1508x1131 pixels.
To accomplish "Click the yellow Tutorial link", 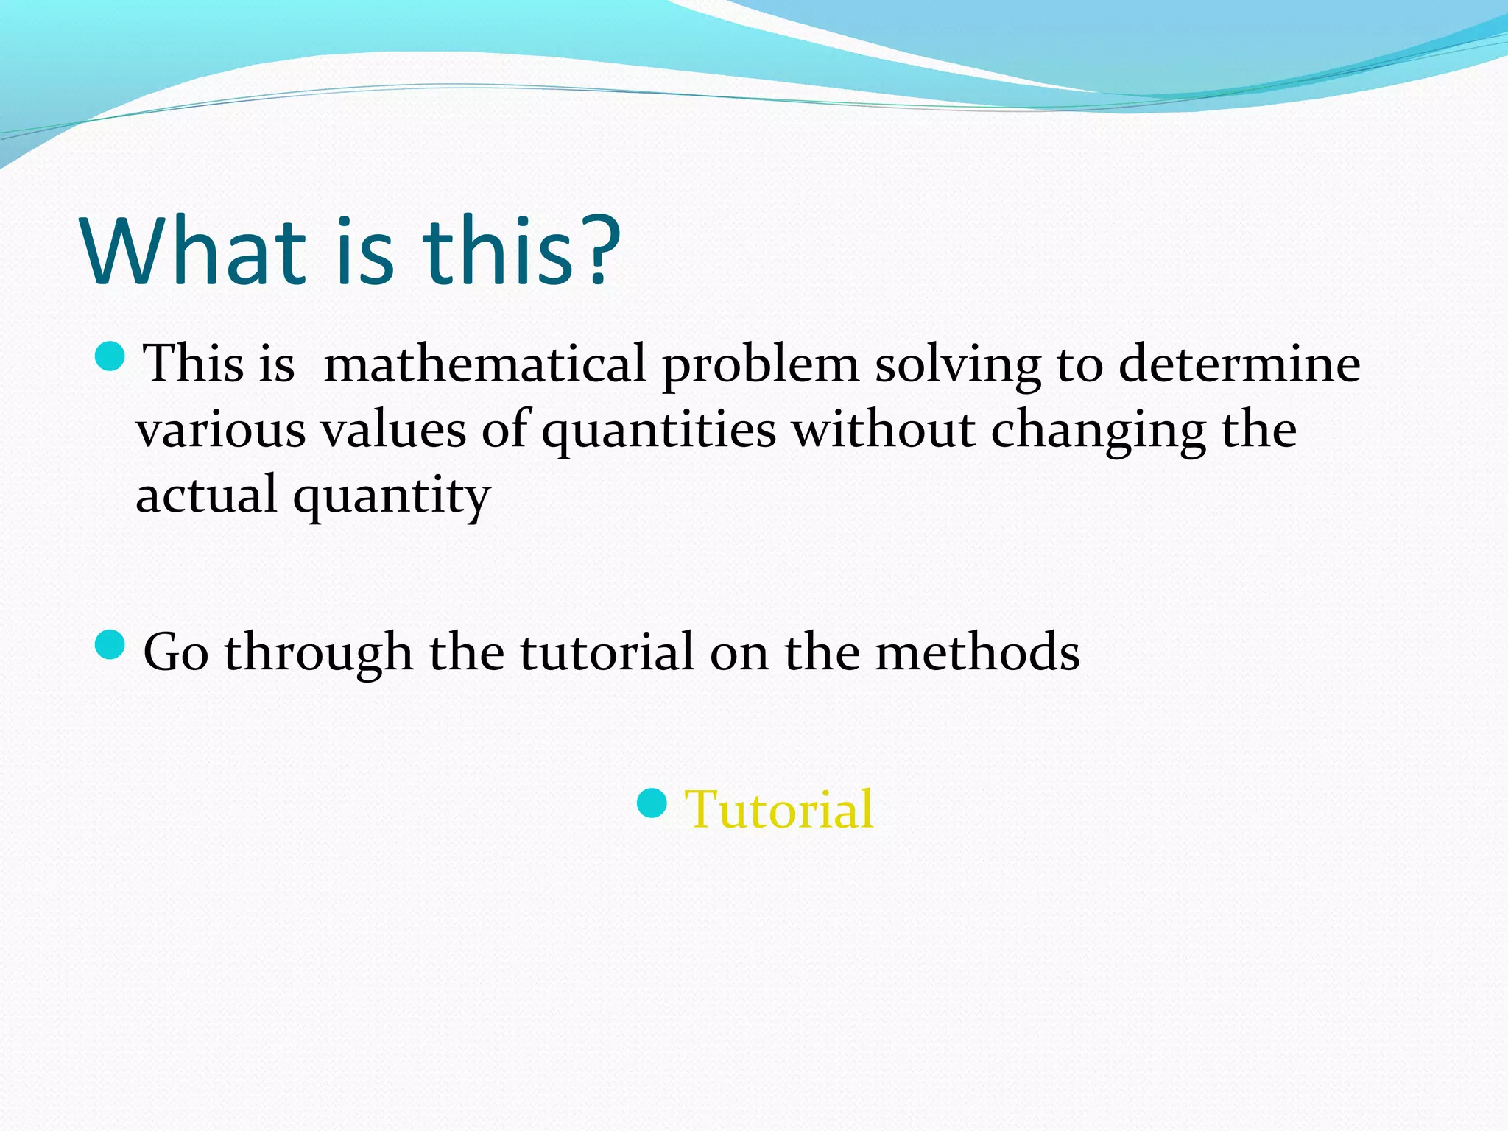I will tap(778, 809).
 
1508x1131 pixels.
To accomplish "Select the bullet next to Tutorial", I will tap(652, 803).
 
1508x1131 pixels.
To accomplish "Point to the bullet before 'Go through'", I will tap(111, 645).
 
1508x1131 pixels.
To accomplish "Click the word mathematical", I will tap(485, 364).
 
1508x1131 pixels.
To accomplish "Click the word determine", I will tap(1239, 364).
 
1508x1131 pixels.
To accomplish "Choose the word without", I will tap(883, 430).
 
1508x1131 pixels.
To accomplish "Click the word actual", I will tap(206, 495).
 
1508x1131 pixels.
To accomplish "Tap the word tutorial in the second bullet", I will tap(607, 652).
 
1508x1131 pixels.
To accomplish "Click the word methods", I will tap(977, 652).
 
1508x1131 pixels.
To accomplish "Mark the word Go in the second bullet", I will tap(176, 652).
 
